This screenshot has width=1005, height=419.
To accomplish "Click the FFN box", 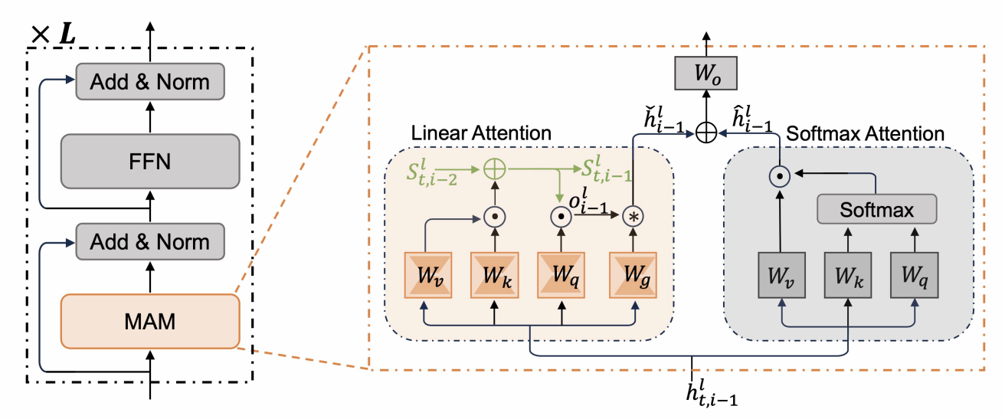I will coord(149,162).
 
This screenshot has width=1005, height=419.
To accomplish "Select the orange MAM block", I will coord(149,322).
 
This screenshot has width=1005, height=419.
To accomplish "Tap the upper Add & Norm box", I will coord(149,82).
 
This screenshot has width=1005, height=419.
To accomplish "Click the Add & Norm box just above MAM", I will coord(149,241).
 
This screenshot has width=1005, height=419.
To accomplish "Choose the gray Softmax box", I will coord(877,209).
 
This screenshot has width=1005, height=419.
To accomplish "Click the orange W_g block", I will coord(634,276).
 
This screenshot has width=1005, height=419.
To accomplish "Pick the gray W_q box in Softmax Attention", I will coord(915,275).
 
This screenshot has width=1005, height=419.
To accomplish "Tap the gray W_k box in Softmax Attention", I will coord(847,275).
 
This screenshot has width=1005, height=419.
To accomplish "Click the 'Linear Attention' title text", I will coord(481,133).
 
